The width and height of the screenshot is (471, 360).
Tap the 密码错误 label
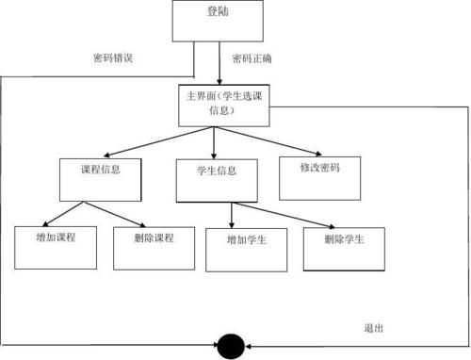112,58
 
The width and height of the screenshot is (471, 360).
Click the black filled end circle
231,345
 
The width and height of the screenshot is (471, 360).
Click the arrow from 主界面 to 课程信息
151,141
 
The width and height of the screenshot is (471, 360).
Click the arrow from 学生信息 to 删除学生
283,215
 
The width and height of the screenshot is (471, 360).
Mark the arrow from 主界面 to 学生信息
215,141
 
